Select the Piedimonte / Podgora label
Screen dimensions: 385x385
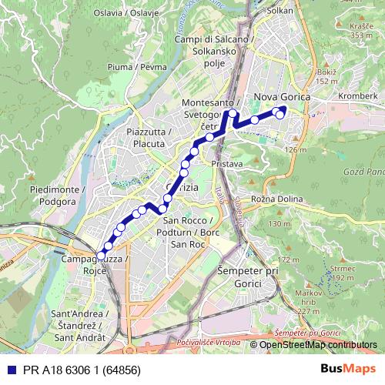tap(52, 195)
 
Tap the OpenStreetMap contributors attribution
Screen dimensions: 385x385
tap(318, 345)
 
